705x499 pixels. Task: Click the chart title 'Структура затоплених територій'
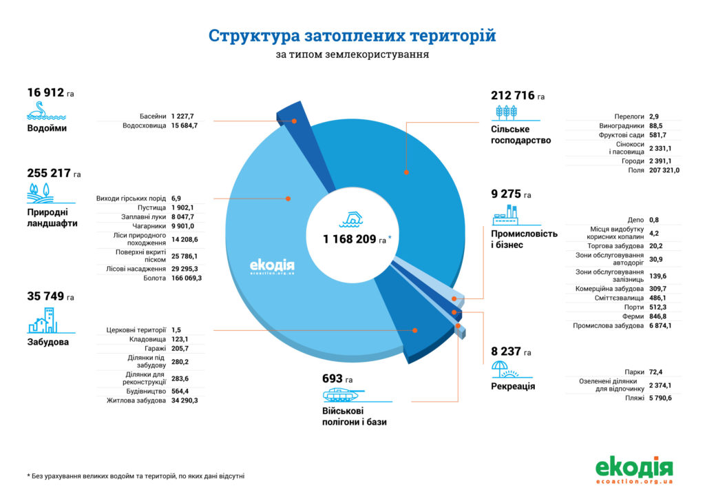(352, 35)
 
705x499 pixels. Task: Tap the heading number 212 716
(513, 96)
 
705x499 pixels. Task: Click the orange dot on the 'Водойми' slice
(294, 121)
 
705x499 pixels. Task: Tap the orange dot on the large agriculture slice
(407, 172)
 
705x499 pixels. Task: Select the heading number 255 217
(49, 173)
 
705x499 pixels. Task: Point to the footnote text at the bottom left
(136, 476)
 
